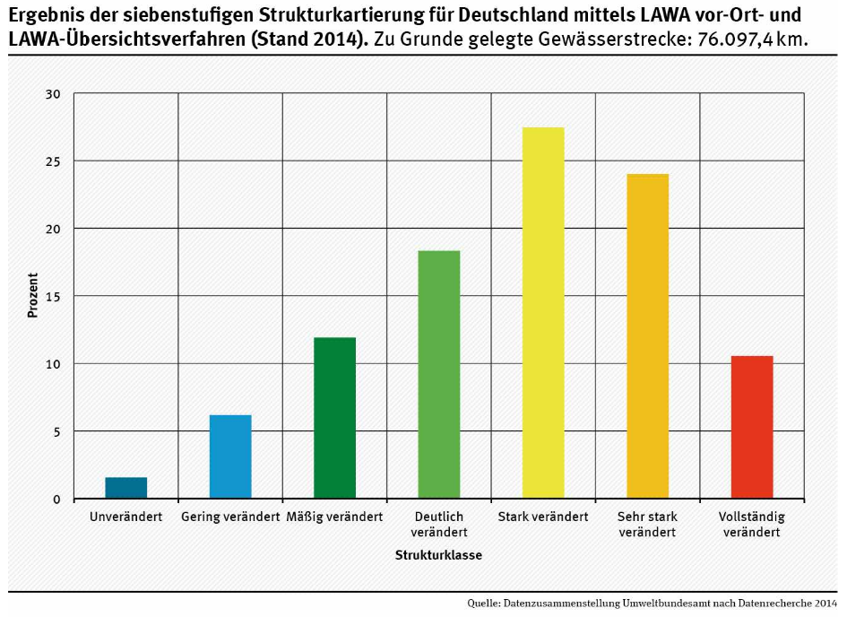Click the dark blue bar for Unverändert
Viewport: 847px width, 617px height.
(126, 488)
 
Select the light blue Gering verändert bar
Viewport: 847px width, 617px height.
(230, 456)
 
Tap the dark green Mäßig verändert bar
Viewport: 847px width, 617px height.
(334, 418)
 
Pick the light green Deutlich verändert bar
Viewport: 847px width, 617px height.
(438, 375)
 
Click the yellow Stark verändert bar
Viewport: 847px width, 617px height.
(543, 313)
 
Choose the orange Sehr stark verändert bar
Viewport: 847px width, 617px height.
(647, 336)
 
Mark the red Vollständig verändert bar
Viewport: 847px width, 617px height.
(751, 427)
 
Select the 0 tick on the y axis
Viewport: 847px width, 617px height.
(56, 500)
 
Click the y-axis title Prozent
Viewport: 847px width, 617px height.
(33, 296)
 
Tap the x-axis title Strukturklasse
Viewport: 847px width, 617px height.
(438, 556)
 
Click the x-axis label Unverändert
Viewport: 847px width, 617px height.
(126, 517)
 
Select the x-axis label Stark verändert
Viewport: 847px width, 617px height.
(543, 517)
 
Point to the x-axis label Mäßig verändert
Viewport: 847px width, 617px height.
(334, 517)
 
